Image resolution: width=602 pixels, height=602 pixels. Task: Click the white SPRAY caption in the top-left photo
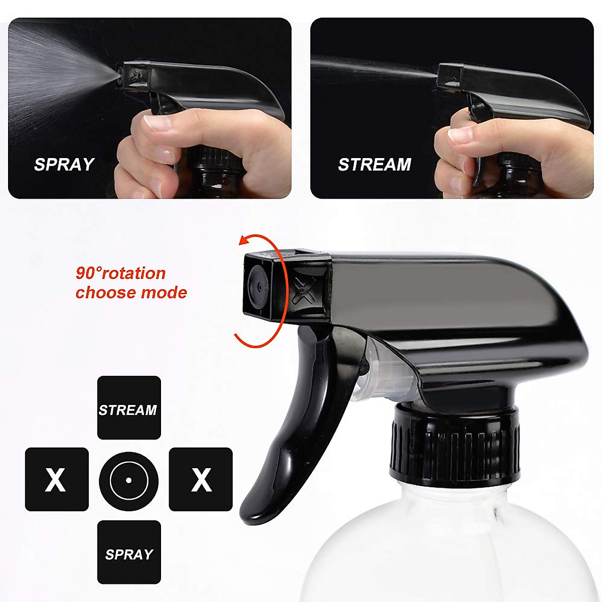click(x=64, y=165)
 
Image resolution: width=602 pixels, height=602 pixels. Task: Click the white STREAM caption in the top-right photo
click(x=374, y=165)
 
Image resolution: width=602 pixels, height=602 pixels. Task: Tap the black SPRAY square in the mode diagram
click(x=129, y=552)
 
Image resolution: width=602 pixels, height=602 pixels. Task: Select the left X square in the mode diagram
click(x=57, y=480)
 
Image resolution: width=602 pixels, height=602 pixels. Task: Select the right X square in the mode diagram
click(x=201, y=480)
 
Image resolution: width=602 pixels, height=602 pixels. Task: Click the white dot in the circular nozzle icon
click(x=128, y=480)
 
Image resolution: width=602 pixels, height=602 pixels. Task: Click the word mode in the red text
click(x=164, y=292)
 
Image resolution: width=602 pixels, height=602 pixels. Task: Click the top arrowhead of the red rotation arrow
click(x=243, y=241)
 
